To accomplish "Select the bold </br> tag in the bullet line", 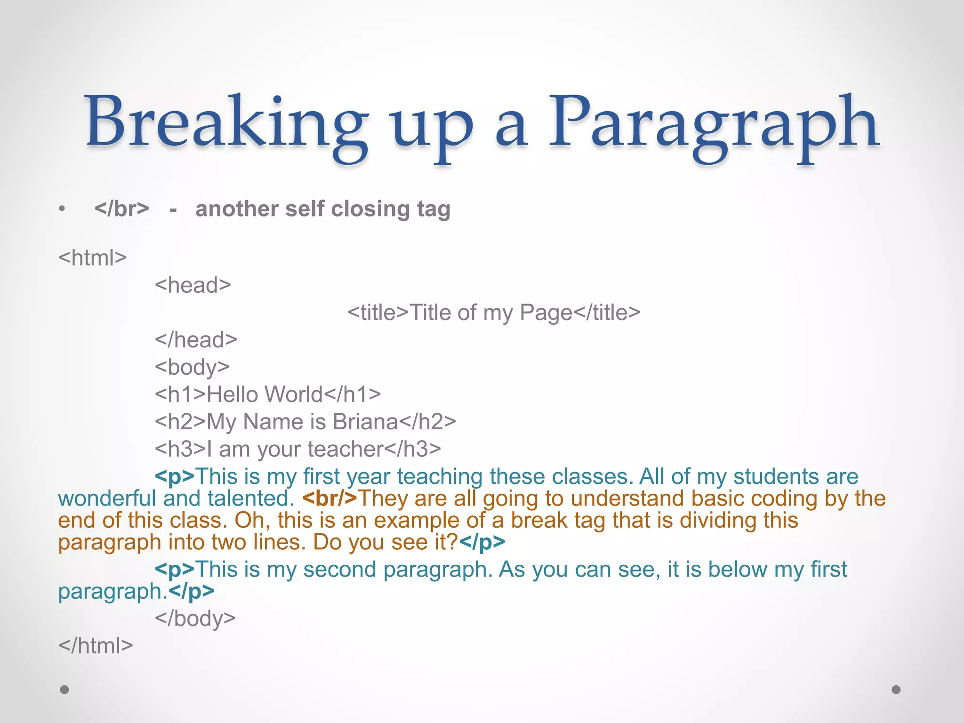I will [x=121, y=209].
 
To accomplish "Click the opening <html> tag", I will [x=93, y=258].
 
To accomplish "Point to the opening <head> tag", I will [x=193, y=285].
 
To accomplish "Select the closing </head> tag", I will [x=196, y=340].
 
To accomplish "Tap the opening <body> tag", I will [x=192, y=367].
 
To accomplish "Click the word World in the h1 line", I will [x=294, y=394].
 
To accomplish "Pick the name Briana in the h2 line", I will [x=365, y=422].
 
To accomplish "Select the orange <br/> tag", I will [x=329, y=498].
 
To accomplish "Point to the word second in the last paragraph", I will [x=339, y=570].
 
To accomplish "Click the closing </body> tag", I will [x=195, y=619].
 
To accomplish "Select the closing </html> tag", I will [x=96, y=646].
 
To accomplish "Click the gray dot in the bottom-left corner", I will [x=64, y=690].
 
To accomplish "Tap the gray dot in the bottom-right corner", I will [x=896, y=690].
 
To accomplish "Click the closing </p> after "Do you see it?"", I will [x=482, y=542].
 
